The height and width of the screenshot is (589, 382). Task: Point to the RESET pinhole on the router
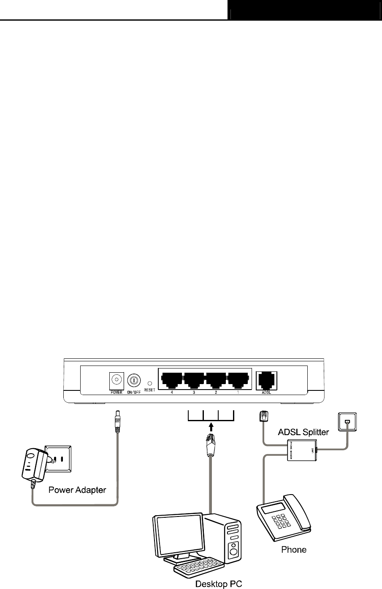click(149, 383)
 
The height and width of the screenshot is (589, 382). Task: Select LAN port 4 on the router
click(171, 379)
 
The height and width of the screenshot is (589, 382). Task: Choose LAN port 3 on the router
click(194, 379)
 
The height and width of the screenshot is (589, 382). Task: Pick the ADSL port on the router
click(266, 379)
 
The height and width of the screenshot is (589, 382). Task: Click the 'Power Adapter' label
click(77, 490)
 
